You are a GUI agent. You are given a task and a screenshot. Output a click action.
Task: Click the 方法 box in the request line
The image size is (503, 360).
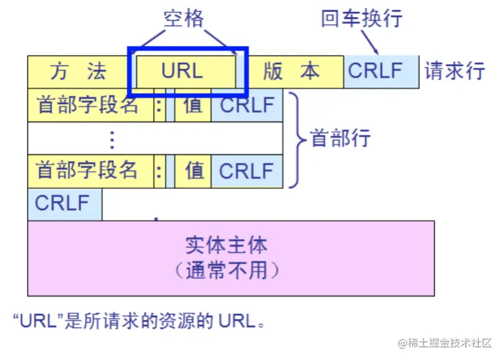coord(79,71)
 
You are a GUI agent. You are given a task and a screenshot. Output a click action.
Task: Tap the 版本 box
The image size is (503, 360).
coord(292,71)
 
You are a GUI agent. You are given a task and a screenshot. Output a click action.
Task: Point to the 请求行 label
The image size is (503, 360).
coord(455,71)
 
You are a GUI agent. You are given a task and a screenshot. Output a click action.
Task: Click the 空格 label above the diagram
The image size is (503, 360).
coord(184,19)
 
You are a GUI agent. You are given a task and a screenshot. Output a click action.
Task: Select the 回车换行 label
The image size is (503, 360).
coord(361,18)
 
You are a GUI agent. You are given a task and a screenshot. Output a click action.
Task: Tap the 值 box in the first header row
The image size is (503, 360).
coord(193,105)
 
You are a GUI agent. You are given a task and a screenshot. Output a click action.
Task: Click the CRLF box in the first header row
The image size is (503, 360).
coord(247,105)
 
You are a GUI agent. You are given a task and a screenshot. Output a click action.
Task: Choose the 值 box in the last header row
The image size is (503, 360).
coord(193,171)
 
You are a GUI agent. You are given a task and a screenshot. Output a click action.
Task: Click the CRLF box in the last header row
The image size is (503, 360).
coord(247,171)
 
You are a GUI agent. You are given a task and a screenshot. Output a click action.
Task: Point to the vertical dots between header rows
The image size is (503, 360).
coord(111,139)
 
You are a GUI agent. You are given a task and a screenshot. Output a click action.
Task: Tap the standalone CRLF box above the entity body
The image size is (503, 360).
coord(63,203)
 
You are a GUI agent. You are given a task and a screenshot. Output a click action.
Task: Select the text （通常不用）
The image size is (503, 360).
coord(227,270)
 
